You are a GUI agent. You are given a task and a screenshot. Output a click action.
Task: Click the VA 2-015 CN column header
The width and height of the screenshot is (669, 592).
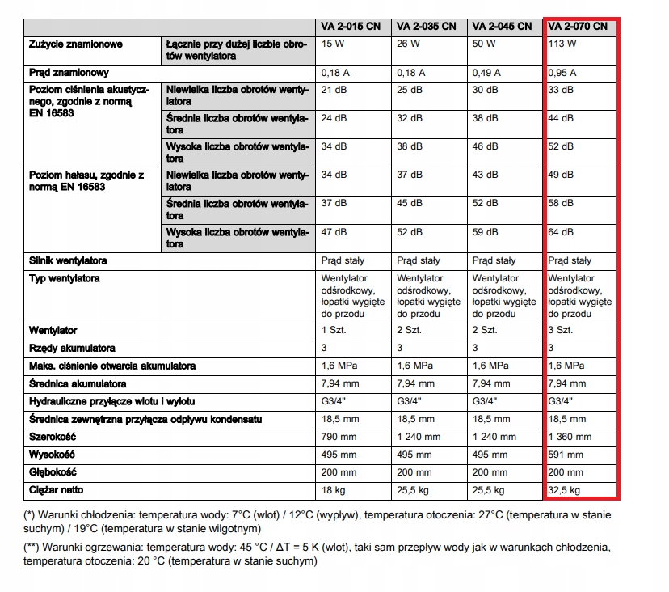pyautogui.click(x=351, y=27)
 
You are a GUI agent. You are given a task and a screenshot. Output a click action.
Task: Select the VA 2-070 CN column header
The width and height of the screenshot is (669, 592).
pyautogui.click(x=578, y=27)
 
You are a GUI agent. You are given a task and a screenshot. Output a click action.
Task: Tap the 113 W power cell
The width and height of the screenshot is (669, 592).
pyautogui.click(x=562, y=44)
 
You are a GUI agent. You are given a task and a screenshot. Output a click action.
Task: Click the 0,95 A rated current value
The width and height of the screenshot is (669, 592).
pyautogui.click(x=562, y=73)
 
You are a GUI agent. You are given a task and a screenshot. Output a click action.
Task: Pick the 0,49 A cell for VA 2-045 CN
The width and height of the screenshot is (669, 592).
pyautogui.click(x=486, y=73)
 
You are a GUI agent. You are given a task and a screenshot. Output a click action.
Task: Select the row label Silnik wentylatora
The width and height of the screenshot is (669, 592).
pyautogui.click(x=68, y=261)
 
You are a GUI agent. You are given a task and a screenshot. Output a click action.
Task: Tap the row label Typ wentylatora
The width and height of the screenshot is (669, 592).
pyautogui.click(x=65, y=279)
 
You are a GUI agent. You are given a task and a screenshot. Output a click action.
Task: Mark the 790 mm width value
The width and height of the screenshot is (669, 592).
pyautogui.click(x=339, y=437)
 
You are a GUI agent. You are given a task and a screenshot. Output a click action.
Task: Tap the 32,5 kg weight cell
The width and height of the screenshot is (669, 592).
pyautogui.click(x=565, y=490)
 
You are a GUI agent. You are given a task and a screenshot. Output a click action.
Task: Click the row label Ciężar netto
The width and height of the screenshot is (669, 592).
pyautogui.click(x=57, y=490)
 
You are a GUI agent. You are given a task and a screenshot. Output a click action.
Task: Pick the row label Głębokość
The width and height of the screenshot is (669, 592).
pyautogui.click(x=53, y=472)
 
